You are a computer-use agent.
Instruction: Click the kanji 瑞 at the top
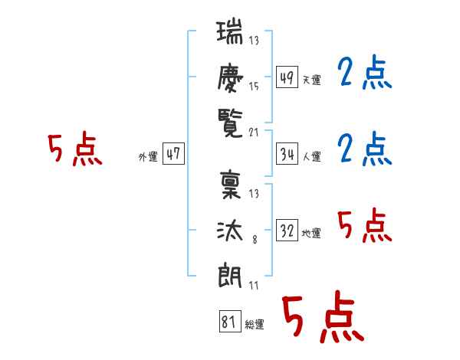(230, 31)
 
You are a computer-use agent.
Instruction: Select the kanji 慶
(230, 77)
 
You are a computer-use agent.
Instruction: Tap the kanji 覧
(230, 123)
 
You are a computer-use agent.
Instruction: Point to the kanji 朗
(230, 275)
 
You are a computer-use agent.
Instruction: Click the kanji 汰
(230, 231)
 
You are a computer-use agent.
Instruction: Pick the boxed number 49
(287, 77)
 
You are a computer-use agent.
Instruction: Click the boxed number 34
(287, 154)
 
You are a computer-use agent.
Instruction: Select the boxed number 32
(287, 230)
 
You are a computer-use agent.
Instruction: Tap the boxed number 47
(173, 154)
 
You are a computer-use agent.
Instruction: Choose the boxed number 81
(230, 321)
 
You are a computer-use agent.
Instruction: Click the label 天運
(312, 80)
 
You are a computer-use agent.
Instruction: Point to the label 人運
(312, 156)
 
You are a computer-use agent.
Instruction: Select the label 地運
(311, 233)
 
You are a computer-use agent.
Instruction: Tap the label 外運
(148, 156)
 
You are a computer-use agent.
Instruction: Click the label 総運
(255, 324)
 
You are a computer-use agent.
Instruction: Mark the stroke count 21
(254, 133)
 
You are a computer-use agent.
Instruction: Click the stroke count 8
(255, 240)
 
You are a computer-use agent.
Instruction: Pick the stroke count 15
(254, 87)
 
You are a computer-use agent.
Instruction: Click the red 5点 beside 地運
(365, 225)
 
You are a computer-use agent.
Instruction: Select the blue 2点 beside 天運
(365, 72)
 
